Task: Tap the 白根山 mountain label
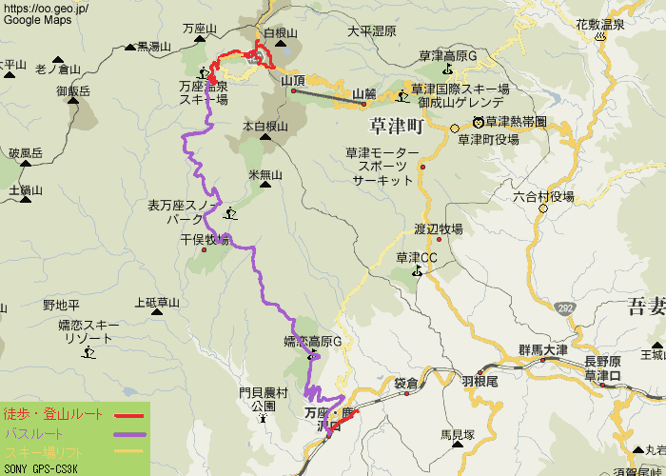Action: [281, 32]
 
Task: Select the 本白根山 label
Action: [264, 126]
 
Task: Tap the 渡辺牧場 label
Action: [438, 229]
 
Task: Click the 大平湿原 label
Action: [371, 31]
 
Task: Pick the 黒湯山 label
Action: [153, 46]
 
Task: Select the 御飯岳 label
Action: [72, 91]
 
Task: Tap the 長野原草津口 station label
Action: [602, 368]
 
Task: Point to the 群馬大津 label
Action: [542, 350]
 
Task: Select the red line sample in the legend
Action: [128, 415]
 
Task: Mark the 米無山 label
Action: [265, 175]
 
